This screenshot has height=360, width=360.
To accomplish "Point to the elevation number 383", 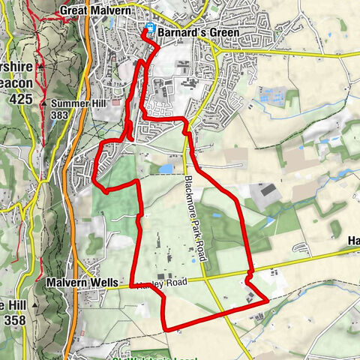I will point(61,115).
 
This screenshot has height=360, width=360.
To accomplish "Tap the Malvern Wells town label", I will point(82,283).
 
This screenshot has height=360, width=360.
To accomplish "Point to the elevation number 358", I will point(17,317).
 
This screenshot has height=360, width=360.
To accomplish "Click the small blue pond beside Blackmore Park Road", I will point(166,169).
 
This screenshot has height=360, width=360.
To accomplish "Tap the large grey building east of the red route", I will point(266,194).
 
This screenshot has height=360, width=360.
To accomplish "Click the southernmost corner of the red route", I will point(165,329).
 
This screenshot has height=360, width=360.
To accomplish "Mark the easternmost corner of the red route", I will point(268,301).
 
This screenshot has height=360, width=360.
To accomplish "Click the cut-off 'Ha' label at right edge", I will point(353,241).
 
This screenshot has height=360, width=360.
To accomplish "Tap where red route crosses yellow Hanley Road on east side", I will point(249,272).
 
